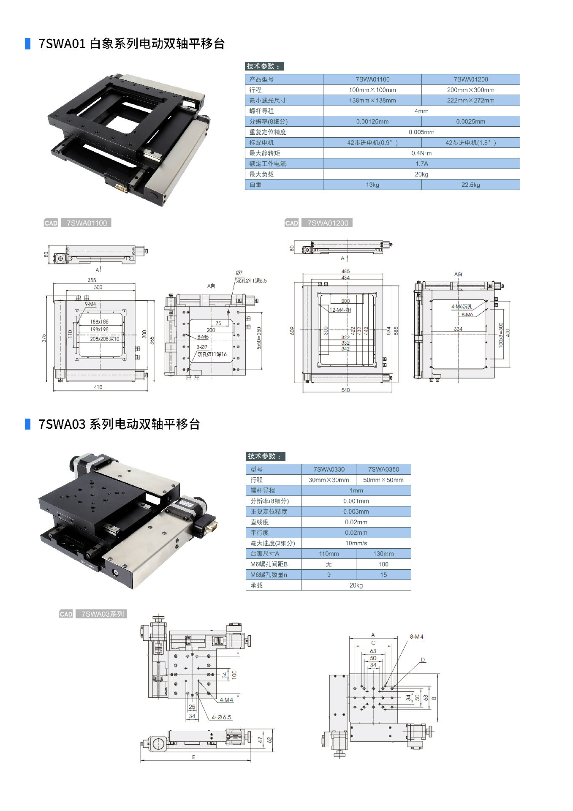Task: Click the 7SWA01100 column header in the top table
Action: point(372,79)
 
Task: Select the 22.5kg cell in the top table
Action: point(470,185)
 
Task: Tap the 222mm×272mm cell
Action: point(470,101)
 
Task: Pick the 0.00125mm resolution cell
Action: point(372,122)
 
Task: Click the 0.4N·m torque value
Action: point(421,153)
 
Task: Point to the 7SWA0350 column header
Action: point(383,469)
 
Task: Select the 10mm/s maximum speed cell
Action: point(356,543)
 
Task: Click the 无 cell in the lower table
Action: point(329,564)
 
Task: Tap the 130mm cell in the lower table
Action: point(383,554)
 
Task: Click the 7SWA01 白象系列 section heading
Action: point(131,44)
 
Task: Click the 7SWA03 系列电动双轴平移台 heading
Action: point(119,424)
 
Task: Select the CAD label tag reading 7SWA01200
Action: point(328,223)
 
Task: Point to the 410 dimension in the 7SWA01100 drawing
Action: point(98,387)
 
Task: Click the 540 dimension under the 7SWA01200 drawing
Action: point(345,390)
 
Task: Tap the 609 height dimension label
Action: point(292,331)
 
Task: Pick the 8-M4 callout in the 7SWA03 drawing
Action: point(416,637)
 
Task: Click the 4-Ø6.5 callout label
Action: point(221,717)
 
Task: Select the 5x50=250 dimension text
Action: point(259,337)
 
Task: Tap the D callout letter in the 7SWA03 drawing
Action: point(423,660)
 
